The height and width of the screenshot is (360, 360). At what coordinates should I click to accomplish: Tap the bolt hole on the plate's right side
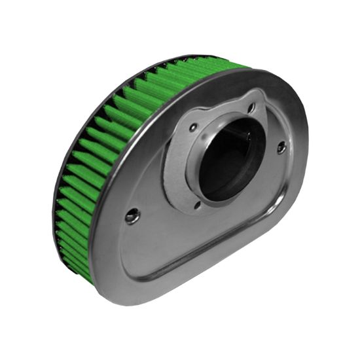click(281, 148)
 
